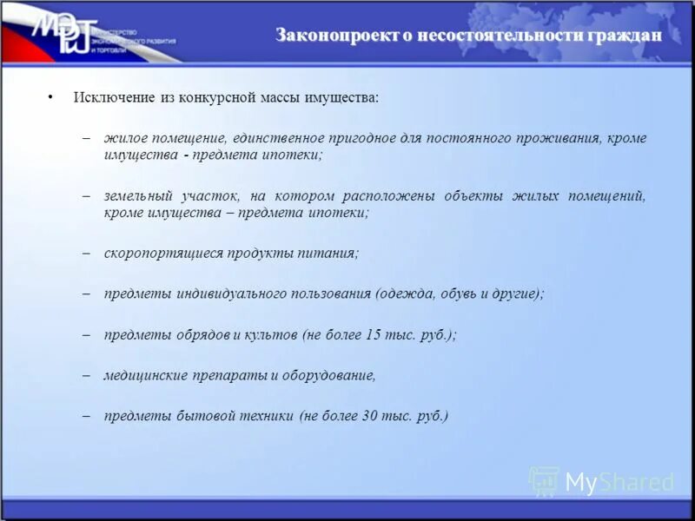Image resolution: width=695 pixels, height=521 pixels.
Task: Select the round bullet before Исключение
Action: [x=51, y=97]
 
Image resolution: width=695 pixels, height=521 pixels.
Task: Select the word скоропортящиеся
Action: [x=163, y=253]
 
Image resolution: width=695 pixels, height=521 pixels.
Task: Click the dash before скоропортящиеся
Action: [x=87, y=253]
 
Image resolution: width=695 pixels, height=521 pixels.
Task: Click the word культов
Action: [x=270, y=334]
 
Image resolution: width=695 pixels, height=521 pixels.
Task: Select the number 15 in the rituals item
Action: [x=374, y=334]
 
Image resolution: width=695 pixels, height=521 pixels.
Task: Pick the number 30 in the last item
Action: [x=368, y=416]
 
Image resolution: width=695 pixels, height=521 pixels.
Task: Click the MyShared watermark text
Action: [x=619, y=482]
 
